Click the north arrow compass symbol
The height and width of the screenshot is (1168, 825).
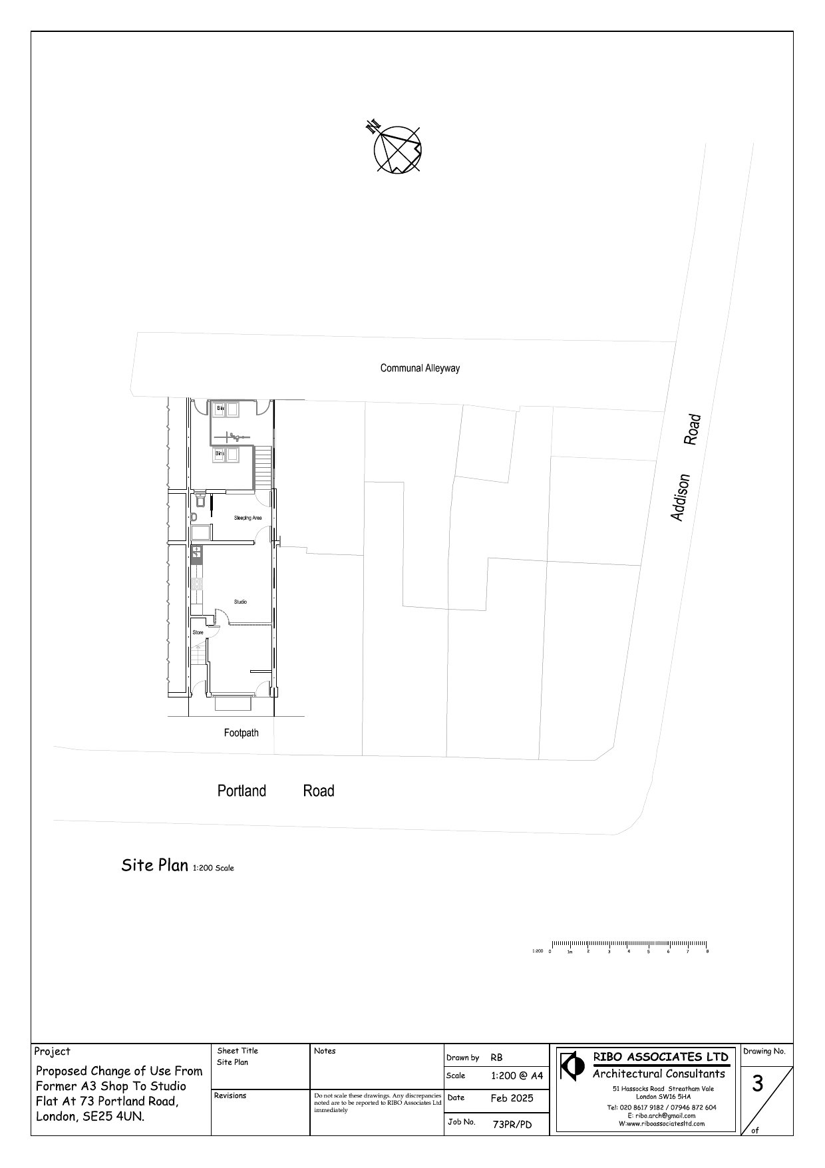pos(397,149)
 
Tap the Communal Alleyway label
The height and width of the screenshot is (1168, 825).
pos(420,368)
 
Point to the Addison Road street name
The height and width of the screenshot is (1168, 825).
pos(685,467)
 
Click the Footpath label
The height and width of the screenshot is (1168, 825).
pos(241,733)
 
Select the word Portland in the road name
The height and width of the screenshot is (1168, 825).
pos(242,791)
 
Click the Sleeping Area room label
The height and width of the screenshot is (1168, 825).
pos(247,518)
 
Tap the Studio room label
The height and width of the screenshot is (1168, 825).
pos(240,602)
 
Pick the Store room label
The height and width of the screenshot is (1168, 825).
pos(198,632)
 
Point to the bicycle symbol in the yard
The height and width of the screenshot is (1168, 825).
pos(234,437)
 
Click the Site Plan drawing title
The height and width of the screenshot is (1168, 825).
pos(154,865)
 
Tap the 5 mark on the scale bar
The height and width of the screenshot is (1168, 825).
pos(648,952)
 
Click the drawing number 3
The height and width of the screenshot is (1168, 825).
pos(757,1084)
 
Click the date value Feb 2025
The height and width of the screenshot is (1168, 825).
pos(512,1098)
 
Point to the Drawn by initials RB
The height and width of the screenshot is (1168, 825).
pos(496,1058)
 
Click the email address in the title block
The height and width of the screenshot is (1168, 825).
pos(655,1115)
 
